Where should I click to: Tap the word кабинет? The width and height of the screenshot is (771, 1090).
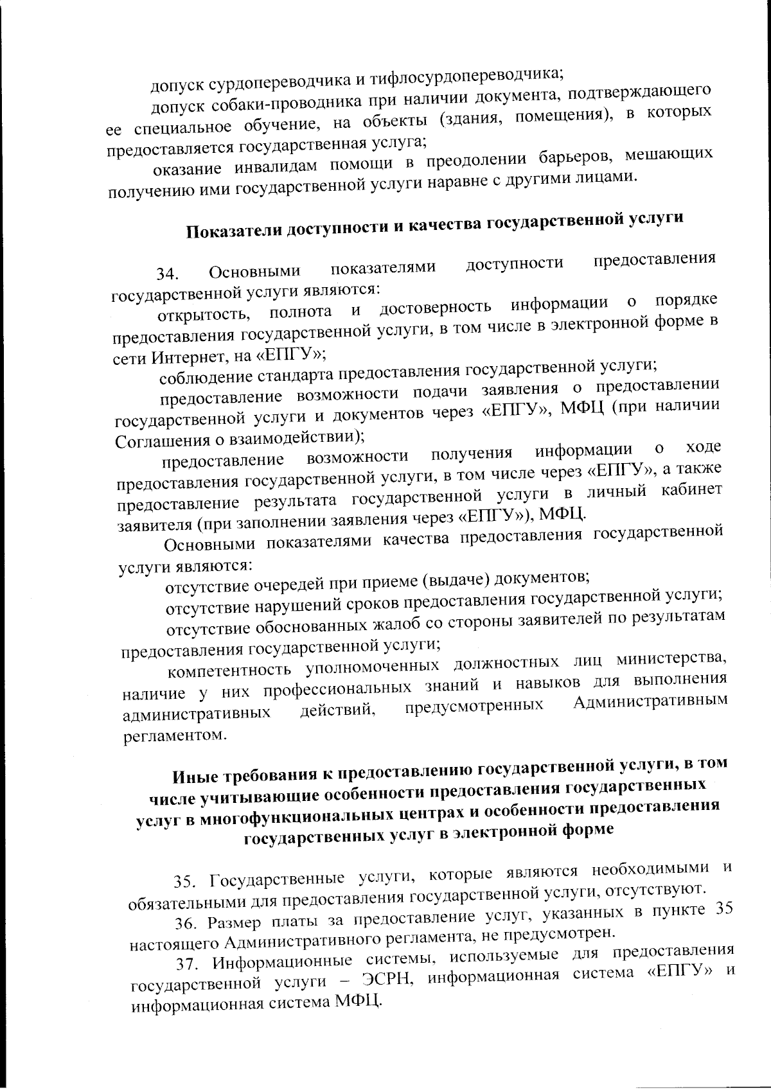pos(691,491)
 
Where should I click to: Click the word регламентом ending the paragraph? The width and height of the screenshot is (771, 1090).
pos(175,735)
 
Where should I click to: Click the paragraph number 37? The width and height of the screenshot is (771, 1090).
pos(187,965)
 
